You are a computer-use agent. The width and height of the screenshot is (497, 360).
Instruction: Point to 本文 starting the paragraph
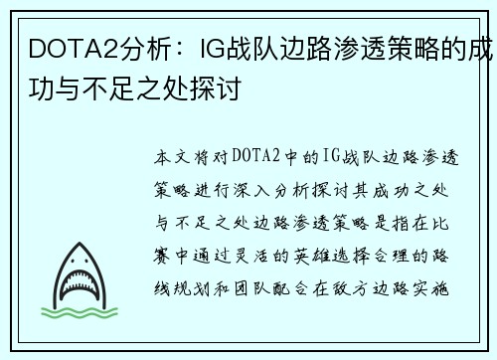pos(171,157)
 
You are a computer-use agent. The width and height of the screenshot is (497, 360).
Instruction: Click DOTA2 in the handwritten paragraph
pos(255,157)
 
